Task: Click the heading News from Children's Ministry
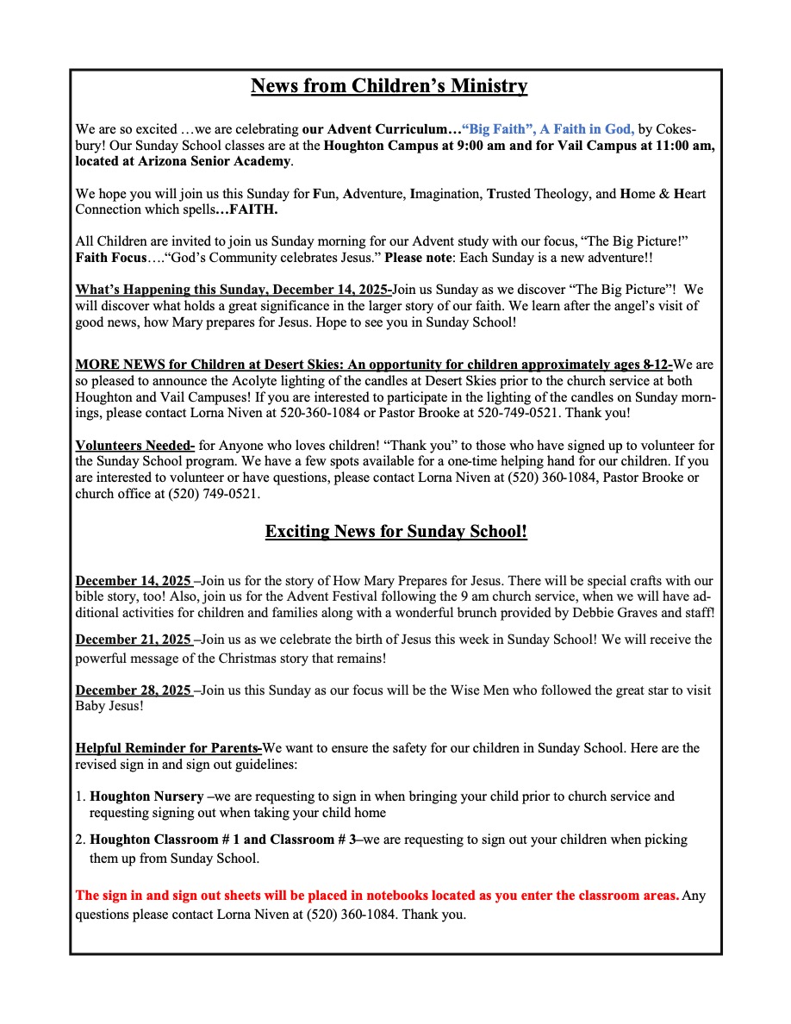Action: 389,86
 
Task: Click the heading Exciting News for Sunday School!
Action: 395,531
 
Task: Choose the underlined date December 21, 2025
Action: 134,640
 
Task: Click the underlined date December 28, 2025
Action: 134,690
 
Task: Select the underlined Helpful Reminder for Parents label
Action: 168,747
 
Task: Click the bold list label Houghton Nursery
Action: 146,796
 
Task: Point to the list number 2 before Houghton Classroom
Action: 80,840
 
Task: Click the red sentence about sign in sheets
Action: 377,896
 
